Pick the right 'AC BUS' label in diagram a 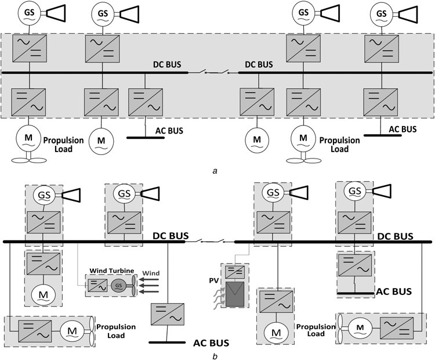403,129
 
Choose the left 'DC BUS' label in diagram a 168,65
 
